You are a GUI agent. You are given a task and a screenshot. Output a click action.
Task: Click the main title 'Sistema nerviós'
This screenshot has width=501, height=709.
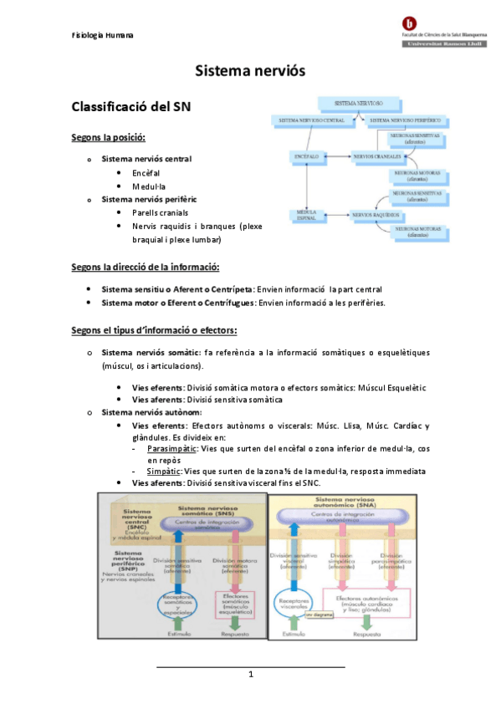[250, 73]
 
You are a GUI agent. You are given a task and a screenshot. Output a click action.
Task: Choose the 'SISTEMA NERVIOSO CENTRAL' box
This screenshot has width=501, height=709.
[311, 121]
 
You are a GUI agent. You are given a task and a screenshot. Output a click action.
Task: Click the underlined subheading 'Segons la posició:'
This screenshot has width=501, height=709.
[108, 137]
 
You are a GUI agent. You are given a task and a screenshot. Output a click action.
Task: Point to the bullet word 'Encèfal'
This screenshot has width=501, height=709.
[146, 172]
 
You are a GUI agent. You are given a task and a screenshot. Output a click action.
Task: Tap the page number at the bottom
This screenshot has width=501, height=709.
[250, 674]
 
